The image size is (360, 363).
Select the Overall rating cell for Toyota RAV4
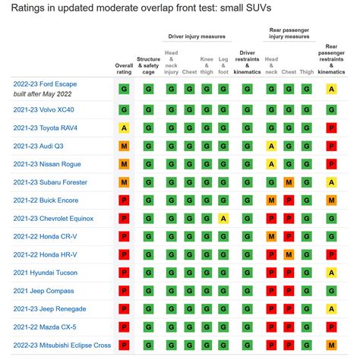coord(125,128)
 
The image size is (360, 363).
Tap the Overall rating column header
coord(125,68)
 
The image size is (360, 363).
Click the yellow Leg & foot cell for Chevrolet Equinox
coord(223,219)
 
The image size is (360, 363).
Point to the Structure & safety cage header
coord(148,64)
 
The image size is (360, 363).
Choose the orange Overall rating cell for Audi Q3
coord(125,146)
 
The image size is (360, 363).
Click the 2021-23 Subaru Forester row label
coord(50,182)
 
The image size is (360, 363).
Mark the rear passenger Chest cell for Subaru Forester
coord(289,182)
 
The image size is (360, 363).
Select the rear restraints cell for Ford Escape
coord(331,89)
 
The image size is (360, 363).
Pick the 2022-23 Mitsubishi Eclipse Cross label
coord(62,346)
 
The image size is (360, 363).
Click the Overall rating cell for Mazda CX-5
coord(125,327)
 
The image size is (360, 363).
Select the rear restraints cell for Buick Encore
coord(331,200)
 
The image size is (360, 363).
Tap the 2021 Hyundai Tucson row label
coord(44,273)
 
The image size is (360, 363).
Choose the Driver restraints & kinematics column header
coord(247,64)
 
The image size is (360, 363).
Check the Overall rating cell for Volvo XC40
coord(125,109)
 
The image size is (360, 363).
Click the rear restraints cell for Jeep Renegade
coord(331,309)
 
